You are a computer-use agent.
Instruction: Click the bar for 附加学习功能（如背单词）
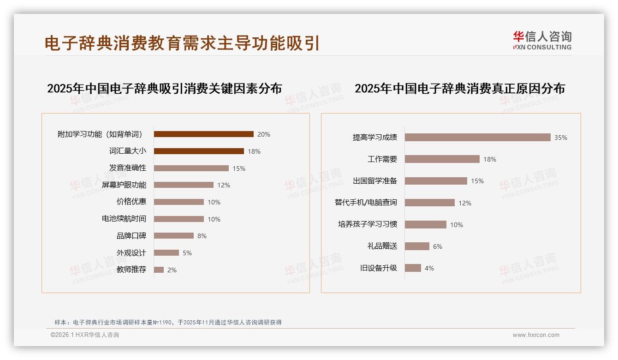(x=203, y=134)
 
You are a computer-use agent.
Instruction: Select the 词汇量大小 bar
(x=199, y=151)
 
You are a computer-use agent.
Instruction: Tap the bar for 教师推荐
(x=159, y=270)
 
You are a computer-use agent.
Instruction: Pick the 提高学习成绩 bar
(x=477, y=138)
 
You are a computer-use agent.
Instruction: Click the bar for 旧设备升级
(x=413, y=268)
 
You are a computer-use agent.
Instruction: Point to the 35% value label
(x=561, y=138)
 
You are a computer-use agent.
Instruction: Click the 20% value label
(x=264, y=134)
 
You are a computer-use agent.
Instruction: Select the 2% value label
(x=172, y=270)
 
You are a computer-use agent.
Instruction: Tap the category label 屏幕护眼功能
(x=124, y=185)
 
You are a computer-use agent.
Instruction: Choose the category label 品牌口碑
(x=131, y=236)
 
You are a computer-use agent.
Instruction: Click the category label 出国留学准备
(x=375, y=181)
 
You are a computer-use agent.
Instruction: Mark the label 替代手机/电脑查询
(x=366, y=203)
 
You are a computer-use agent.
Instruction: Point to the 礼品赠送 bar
(x=417, y=246)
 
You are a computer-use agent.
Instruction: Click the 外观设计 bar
(x=166, y=253)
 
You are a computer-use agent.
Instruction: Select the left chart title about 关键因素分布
(x=164, y=89)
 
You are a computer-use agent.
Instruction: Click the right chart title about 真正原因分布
(x=459, y=89)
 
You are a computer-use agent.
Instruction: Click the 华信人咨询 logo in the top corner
(x=542, y=40)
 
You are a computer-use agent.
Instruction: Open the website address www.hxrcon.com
(x=536, y=335)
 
